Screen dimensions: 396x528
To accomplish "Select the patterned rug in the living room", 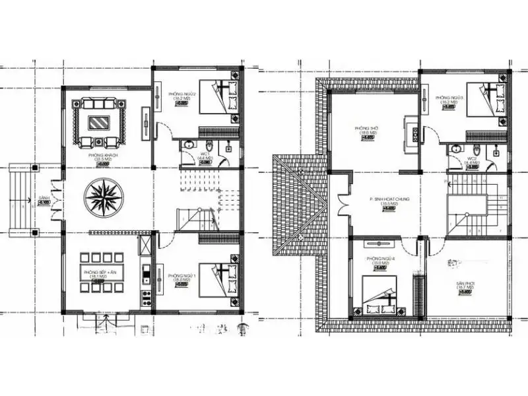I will (x=101, y=121).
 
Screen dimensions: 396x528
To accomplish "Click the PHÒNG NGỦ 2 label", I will (x=180, y=94).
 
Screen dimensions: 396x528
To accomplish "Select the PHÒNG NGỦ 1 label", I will (x=180, y=275).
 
